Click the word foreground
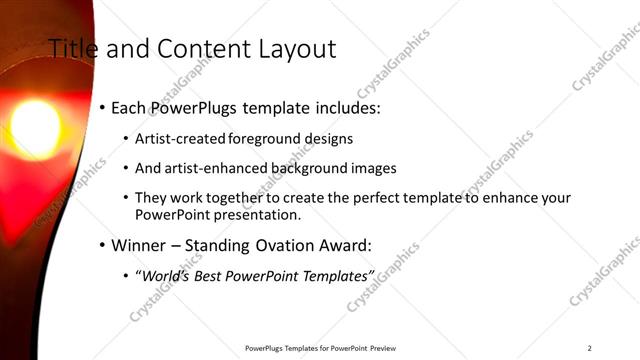(268, 139)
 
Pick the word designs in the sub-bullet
(332, 139)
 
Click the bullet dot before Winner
(102, 245)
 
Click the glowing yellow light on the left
(35, 128)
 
